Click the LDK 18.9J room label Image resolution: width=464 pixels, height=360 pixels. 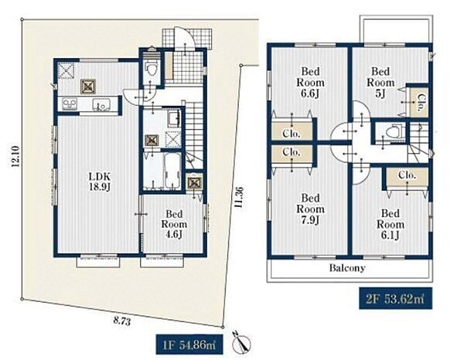pos(100,182)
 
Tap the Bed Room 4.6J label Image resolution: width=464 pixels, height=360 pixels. pos(174,224)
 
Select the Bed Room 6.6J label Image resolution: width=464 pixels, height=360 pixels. pos(310,83)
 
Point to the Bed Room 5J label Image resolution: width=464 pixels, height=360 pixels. pos(380,83)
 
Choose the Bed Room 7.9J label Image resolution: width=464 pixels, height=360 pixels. pos(310,209)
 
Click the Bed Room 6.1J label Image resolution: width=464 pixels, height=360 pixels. pos(390,224)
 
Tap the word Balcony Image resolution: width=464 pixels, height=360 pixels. pos(347,268)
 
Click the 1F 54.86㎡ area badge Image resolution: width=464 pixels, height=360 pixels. pos(189,345)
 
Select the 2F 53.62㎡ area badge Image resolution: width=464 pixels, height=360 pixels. pos(396,298)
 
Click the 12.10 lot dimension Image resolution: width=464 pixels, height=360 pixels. pos(15,157)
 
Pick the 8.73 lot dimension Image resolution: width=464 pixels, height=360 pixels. pos(121,321)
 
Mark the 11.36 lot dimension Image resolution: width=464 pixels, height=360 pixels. pos(239,197)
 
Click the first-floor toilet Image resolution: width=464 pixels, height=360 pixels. pos(152,68)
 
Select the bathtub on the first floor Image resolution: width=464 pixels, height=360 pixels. pos(172,172)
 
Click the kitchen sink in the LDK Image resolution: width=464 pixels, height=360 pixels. pos(101,104)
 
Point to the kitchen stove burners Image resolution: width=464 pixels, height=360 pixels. pos(70,104)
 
